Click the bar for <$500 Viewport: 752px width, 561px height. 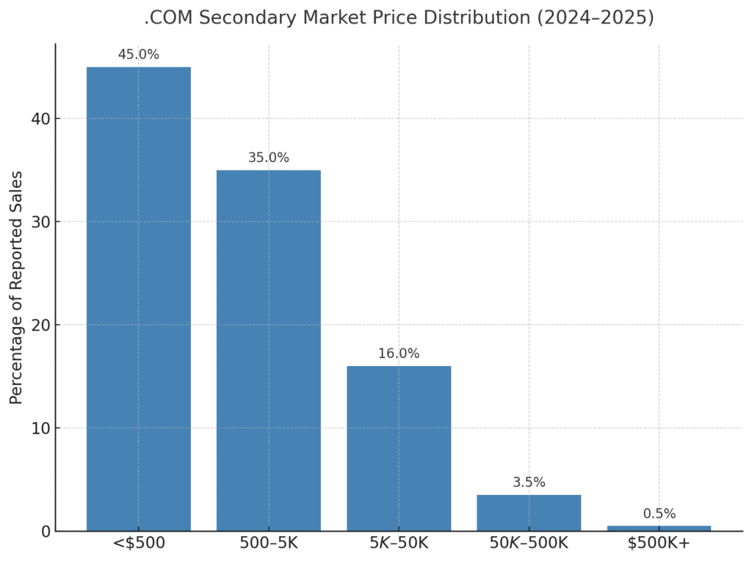point(138,298)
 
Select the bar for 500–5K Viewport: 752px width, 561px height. point(268,351)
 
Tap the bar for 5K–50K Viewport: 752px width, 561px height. point(399,448)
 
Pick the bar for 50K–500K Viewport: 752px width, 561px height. point(529,513)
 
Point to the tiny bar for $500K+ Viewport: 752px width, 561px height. point(659,528)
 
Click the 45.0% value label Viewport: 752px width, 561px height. point(138,55)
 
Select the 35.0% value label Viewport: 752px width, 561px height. point(268,158)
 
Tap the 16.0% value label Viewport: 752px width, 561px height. point(399,353)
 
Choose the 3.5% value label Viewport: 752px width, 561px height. point(529,483)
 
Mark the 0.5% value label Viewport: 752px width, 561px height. point(659,514)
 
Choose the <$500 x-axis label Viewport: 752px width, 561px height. point(138,543)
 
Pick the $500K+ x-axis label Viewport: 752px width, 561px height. point(659,543)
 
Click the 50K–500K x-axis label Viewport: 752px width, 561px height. point(529,543)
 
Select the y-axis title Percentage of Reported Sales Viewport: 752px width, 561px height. point(16,287)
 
